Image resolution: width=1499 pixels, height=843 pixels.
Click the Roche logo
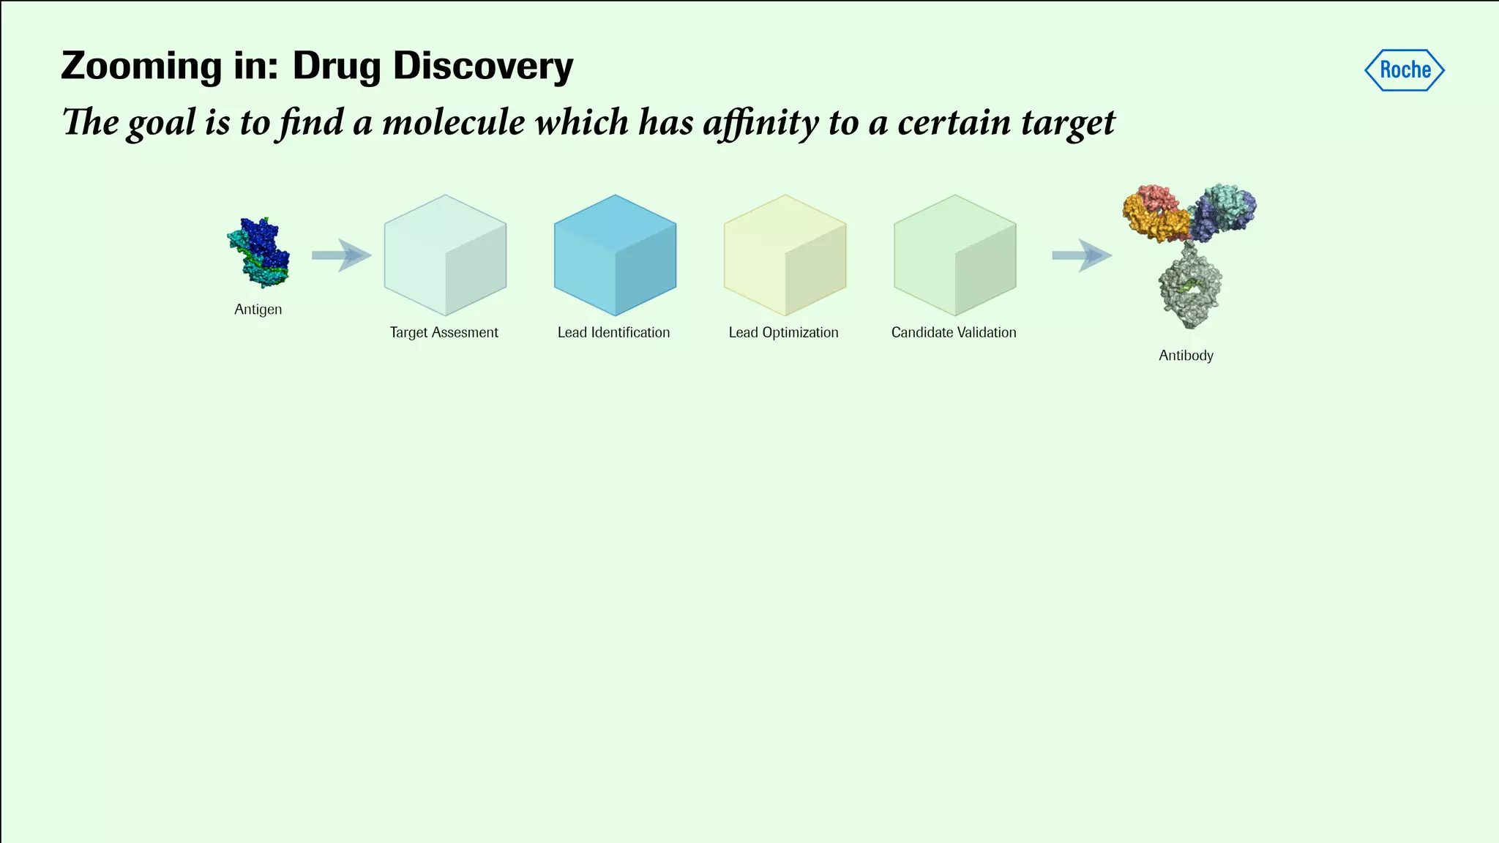(x=1405, y=70)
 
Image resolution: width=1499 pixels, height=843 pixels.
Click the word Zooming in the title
(x=141, y=66)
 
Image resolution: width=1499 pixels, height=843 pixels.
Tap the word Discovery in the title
(x=483, y=66)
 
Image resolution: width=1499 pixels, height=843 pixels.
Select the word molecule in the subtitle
(x=453, y=121)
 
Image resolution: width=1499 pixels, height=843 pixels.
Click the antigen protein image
(x=259, y=252)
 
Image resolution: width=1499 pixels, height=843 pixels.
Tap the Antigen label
(x=258, y=310)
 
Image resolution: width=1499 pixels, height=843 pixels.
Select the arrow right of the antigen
(x=341, y=255)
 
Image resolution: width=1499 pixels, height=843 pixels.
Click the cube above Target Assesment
(x=445, y=255)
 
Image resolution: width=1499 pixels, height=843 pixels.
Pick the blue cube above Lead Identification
(x=615, y=255)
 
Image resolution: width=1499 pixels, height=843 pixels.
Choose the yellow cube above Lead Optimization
(x=785, y=255)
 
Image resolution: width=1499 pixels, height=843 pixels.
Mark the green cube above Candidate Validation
(x=954, y=255)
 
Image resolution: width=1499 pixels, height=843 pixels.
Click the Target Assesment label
(x=444, y=332)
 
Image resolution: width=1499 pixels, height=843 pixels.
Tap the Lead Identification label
(x=613, y=332)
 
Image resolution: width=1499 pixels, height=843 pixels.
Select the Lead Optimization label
(x=783, y=332)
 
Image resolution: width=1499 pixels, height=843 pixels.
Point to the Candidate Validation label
(x=954, y=332)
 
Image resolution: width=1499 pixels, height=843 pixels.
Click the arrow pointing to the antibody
(x=1081, y=255)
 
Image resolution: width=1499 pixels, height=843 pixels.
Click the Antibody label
(x=1186, y=356)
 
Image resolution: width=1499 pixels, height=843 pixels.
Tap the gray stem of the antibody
(x=1190, y=289)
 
